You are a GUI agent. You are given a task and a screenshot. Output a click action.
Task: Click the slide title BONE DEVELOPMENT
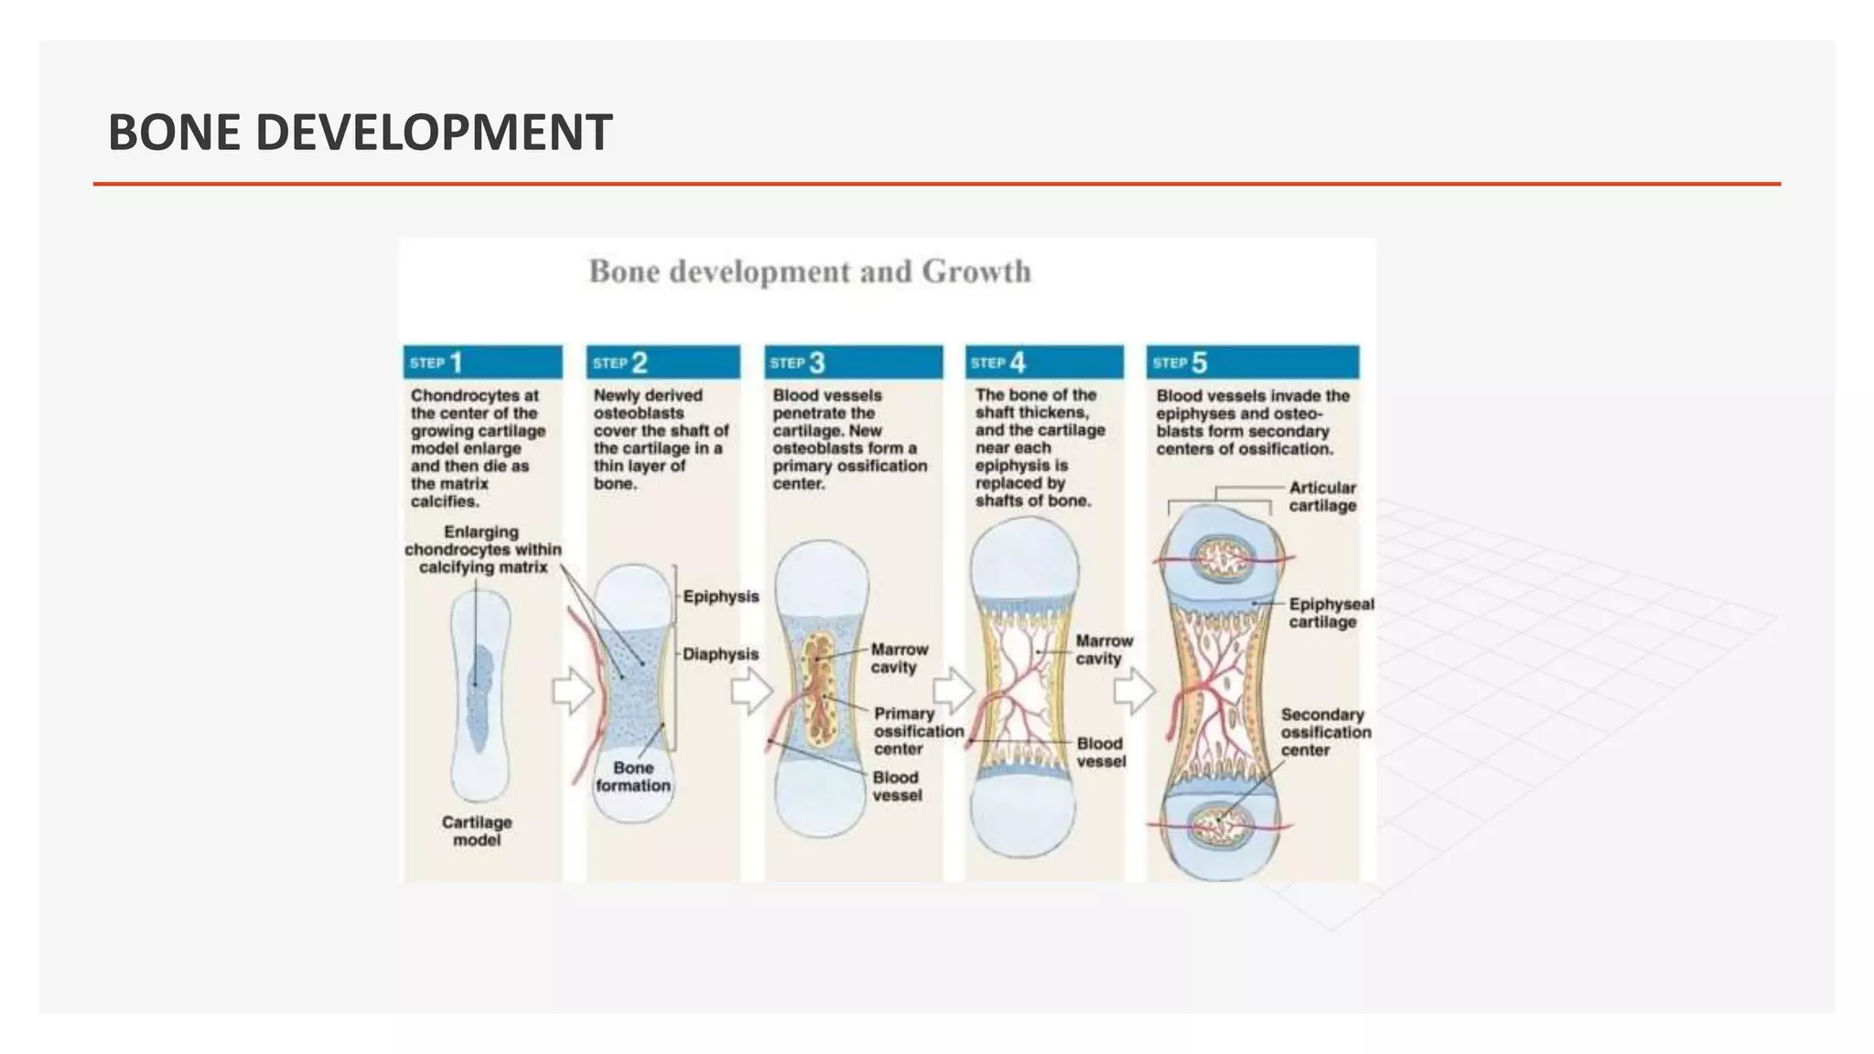pyautogui.click(x=360, y=132)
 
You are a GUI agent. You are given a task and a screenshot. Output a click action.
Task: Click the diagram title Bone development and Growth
pyautogui.click(x=809, y=272)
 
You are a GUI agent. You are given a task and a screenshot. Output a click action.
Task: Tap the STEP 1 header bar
pyautogui.click(x=482, y=362)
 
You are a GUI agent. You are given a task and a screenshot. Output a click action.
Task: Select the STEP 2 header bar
pyautogui.click(x=662, y=362)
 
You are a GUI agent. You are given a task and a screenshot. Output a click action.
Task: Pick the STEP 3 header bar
pyautogui.click(x=853, y=362)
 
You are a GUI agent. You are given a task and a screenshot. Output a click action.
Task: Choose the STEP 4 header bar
pyautogui.click(x=1043, y=362)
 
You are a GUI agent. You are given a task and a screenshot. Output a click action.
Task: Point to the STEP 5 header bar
pyautogui.click(x=1252, y=362)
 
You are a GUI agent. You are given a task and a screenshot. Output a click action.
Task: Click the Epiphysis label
pyautogui.click(x=721, y=597)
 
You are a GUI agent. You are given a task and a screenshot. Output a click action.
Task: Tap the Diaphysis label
pyautogui.click(x=721, y=654)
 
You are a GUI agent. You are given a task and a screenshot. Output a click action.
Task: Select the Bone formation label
pyautogui.click(x=633, y=777)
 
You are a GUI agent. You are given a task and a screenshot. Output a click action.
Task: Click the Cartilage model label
pyautogui.click(x=477, y=831)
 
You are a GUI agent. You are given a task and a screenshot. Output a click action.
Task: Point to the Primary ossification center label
pyautogui.click(x=918, y=731)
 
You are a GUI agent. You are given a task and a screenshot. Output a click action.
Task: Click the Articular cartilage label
pyautogui.click(x=1322, y=497)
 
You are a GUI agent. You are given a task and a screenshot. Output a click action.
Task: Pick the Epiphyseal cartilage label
pyautogui.click(x=1330, y=613)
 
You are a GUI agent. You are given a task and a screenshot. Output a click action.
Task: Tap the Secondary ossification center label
pyautogui.click(x=1325, y=732)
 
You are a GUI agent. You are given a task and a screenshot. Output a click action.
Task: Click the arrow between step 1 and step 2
pyautogui.click(x=573, y=690)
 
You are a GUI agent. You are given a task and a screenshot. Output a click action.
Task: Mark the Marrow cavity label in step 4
pyautogui.click(x=1104, y=650)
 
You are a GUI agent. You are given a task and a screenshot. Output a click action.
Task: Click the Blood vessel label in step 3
pyautogui.click(x=897, y=786)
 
